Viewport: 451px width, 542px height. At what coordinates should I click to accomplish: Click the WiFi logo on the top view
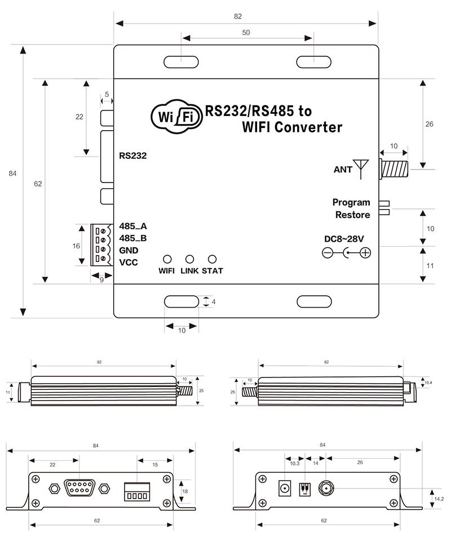[x=176, y=117]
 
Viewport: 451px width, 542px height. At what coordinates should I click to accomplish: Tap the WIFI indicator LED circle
[x=167, y=259]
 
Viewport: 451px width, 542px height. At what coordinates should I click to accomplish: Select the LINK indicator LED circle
[x=190, y=259]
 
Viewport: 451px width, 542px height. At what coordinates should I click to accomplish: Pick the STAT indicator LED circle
[x=213, y=259]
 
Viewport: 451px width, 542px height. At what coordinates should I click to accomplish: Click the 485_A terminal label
[x=133, y=226]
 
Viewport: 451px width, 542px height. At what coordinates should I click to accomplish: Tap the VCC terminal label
[x=129, y=263]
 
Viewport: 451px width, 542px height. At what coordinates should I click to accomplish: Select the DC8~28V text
[x=344, y=239]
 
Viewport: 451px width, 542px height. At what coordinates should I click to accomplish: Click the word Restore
[x=352, y=215]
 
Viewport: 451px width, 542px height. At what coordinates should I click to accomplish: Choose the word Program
[x=351, y=202]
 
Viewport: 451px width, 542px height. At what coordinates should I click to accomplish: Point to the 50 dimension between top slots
[x=246, y=33]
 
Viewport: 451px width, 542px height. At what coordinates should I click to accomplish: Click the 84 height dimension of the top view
[x=12, y=174]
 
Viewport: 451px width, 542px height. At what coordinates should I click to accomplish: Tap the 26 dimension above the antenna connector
[x=429, y=124]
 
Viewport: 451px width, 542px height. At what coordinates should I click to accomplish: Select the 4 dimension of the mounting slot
[x=214, y=301]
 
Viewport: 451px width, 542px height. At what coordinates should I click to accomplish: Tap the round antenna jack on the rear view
[x=327, y=487]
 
